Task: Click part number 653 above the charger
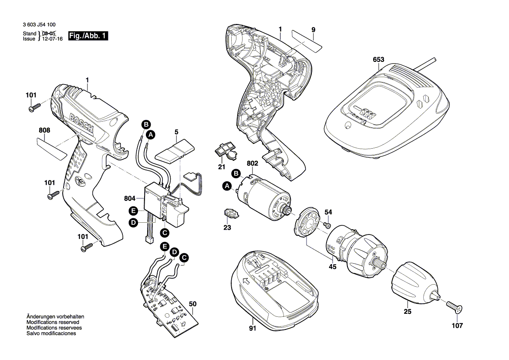[x=379, y=61]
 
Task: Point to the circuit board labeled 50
[x=170, y=305]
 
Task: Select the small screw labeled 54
[x=327, y=225]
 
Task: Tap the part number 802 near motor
[x=253, y=163]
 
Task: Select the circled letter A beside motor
[x=227, y=187]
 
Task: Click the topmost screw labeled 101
[x=34, y=106]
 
